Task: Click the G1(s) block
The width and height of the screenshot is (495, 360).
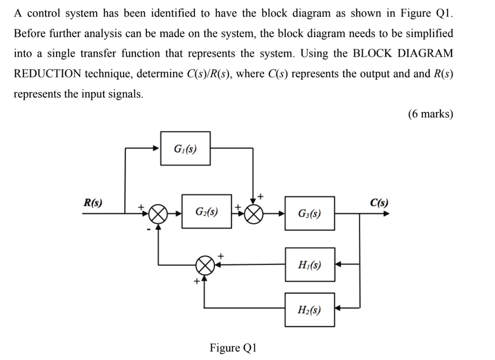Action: pos(186,148)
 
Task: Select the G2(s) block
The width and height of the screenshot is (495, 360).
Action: pos(206,212)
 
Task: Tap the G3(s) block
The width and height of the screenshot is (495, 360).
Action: pos(309,213)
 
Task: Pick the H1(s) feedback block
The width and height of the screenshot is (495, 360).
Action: pos(309,264)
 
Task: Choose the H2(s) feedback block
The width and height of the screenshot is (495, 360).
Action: pos(309,309)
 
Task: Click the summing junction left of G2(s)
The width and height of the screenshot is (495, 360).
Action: pos(158,212)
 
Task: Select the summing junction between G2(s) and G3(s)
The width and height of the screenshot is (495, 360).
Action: pos(255,212)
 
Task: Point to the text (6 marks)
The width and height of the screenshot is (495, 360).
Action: pos(431,114)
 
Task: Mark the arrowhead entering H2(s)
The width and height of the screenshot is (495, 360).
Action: pos(339,308)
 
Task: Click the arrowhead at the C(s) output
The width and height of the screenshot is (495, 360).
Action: pos(385,212)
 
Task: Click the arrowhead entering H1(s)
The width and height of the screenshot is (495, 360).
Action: pos(339,264)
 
